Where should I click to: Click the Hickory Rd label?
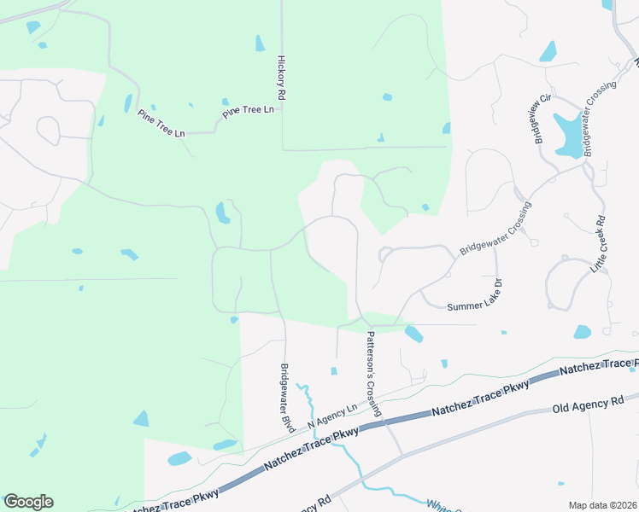281,79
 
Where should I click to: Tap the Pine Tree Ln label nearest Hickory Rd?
249,111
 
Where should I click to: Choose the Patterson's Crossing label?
374,375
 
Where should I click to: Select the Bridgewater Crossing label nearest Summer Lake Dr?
495,229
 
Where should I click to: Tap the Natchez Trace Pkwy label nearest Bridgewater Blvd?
306,448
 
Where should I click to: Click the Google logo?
28,502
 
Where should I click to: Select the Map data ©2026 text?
603,505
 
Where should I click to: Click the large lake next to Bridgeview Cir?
566,135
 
